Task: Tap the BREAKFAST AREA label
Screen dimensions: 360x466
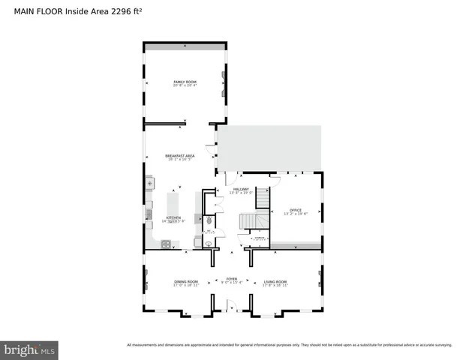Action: coord(180,155)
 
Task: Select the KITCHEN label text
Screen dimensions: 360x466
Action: coord(173,217)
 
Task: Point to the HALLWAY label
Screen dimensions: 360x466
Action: coord(241,189)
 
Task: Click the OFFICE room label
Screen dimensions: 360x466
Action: coord(296,209)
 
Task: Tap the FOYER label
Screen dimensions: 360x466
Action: coord(232,278)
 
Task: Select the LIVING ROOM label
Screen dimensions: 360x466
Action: coord(275,281)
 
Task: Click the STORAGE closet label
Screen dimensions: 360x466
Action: coord(258,238)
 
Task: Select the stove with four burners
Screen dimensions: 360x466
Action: coord(165,243)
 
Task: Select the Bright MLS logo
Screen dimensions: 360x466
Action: coord(30,349)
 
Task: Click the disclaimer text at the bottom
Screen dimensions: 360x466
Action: coord(289,345)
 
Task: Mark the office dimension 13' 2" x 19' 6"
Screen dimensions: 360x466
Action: coord(296,214)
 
